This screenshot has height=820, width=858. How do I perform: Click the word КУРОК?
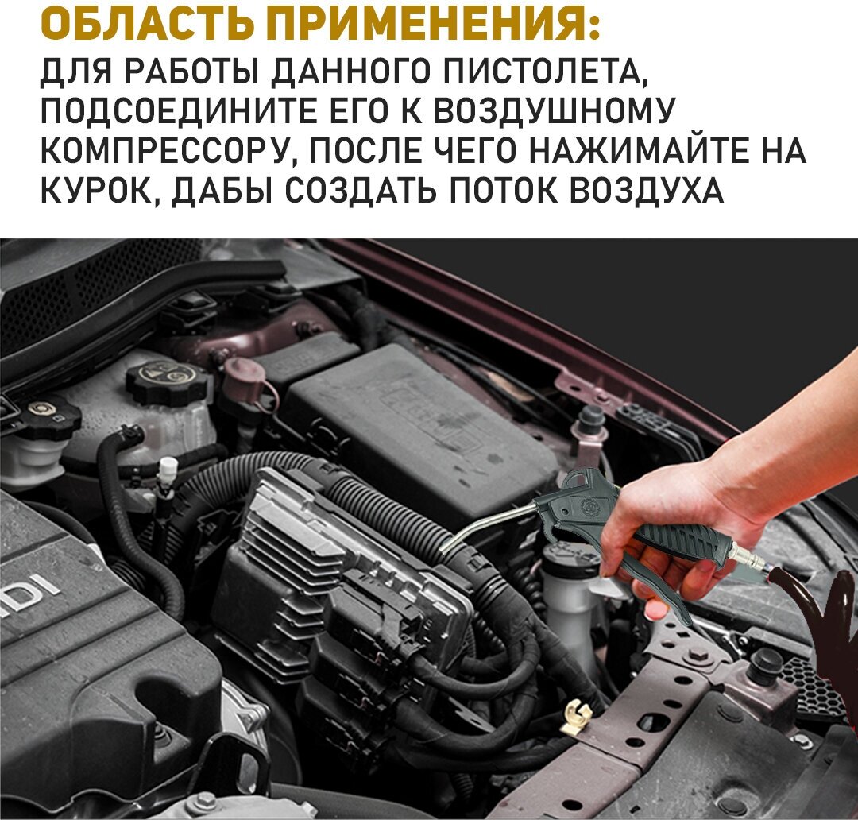[102, 190]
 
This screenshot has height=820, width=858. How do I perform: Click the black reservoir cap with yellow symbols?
[168, 377]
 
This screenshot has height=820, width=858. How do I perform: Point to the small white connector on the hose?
[168, 469]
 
